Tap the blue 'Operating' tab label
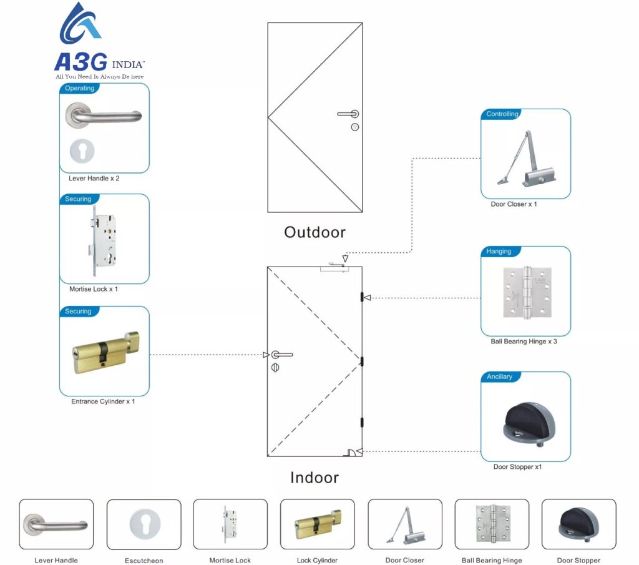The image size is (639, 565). click(x=79, y=89)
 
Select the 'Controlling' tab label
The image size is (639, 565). click(x=502, y=114)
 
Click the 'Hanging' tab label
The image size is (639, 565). click(x=499, y=252)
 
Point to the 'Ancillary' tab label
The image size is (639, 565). click(x=499, y=377)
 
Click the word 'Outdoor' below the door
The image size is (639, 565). click(x=315, y=232)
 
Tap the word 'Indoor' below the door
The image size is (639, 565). click(x=315, y=478)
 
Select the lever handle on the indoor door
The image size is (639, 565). click(x=281, y=355)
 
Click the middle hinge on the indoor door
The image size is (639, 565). click(x=361, y=360)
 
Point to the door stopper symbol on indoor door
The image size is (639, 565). click(x=353, y=452)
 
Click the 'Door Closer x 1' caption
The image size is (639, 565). click(x=514, y=205)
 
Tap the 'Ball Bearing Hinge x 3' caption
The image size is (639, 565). click(x=524, y=342)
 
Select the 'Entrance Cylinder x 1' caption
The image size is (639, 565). click(x=103, y=401)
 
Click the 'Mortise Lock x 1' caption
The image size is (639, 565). click(x=94, y=290)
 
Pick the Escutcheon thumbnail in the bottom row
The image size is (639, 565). click(x=144, y=524)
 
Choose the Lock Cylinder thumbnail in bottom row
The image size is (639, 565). click(x=317, y=524)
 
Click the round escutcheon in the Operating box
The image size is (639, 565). click(x=82, y=151)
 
